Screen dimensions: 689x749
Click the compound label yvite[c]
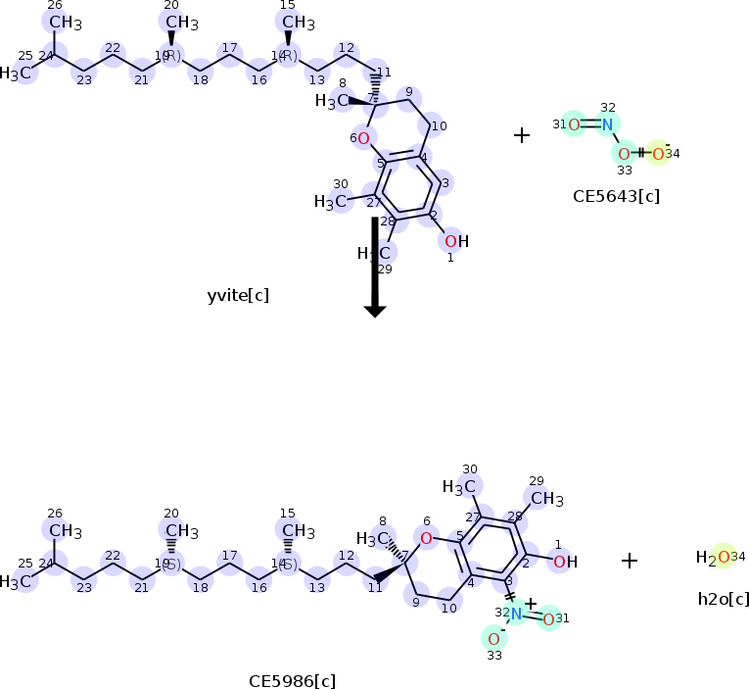pos(238,295)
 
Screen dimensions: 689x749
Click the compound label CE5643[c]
pos(616,195)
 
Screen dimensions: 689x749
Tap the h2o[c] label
pos(724,598)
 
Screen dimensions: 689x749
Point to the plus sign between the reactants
pos(522,135)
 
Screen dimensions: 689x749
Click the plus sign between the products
pos(630,561)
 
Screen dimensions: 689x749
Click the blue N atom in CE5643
pos(607,123)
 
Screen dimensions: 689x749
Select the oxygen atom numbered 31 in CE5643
pos(574,123)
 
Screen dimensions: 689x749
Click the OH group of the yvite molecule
pos(455,241)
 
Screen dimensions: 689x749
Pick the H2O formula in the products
pos(713,558)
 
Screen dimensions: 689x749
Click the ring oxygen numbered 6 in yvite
pos(363,138)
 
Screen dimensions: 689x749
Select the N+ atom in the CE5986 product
pos(516,614)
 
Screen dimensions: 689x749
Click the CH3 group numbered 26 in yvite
pos(66,23)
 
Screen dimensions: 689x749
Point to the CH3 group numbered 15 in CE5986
pos(299,531)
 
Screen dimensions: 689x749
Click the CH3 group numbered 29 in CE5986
pos(546,499)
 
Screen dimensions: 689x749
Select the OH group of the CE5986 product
pos(565,562)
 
